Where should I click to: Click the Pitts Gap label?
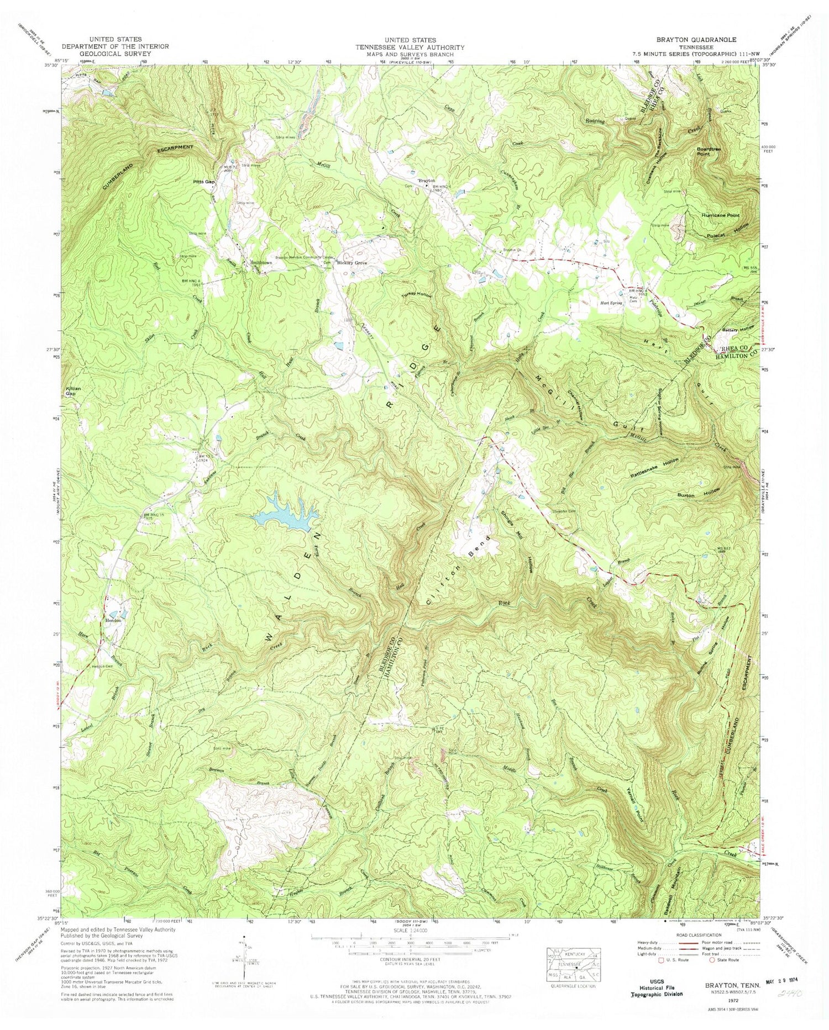coord(203,181)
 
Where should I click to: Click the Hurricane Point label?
coord(720,215)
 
